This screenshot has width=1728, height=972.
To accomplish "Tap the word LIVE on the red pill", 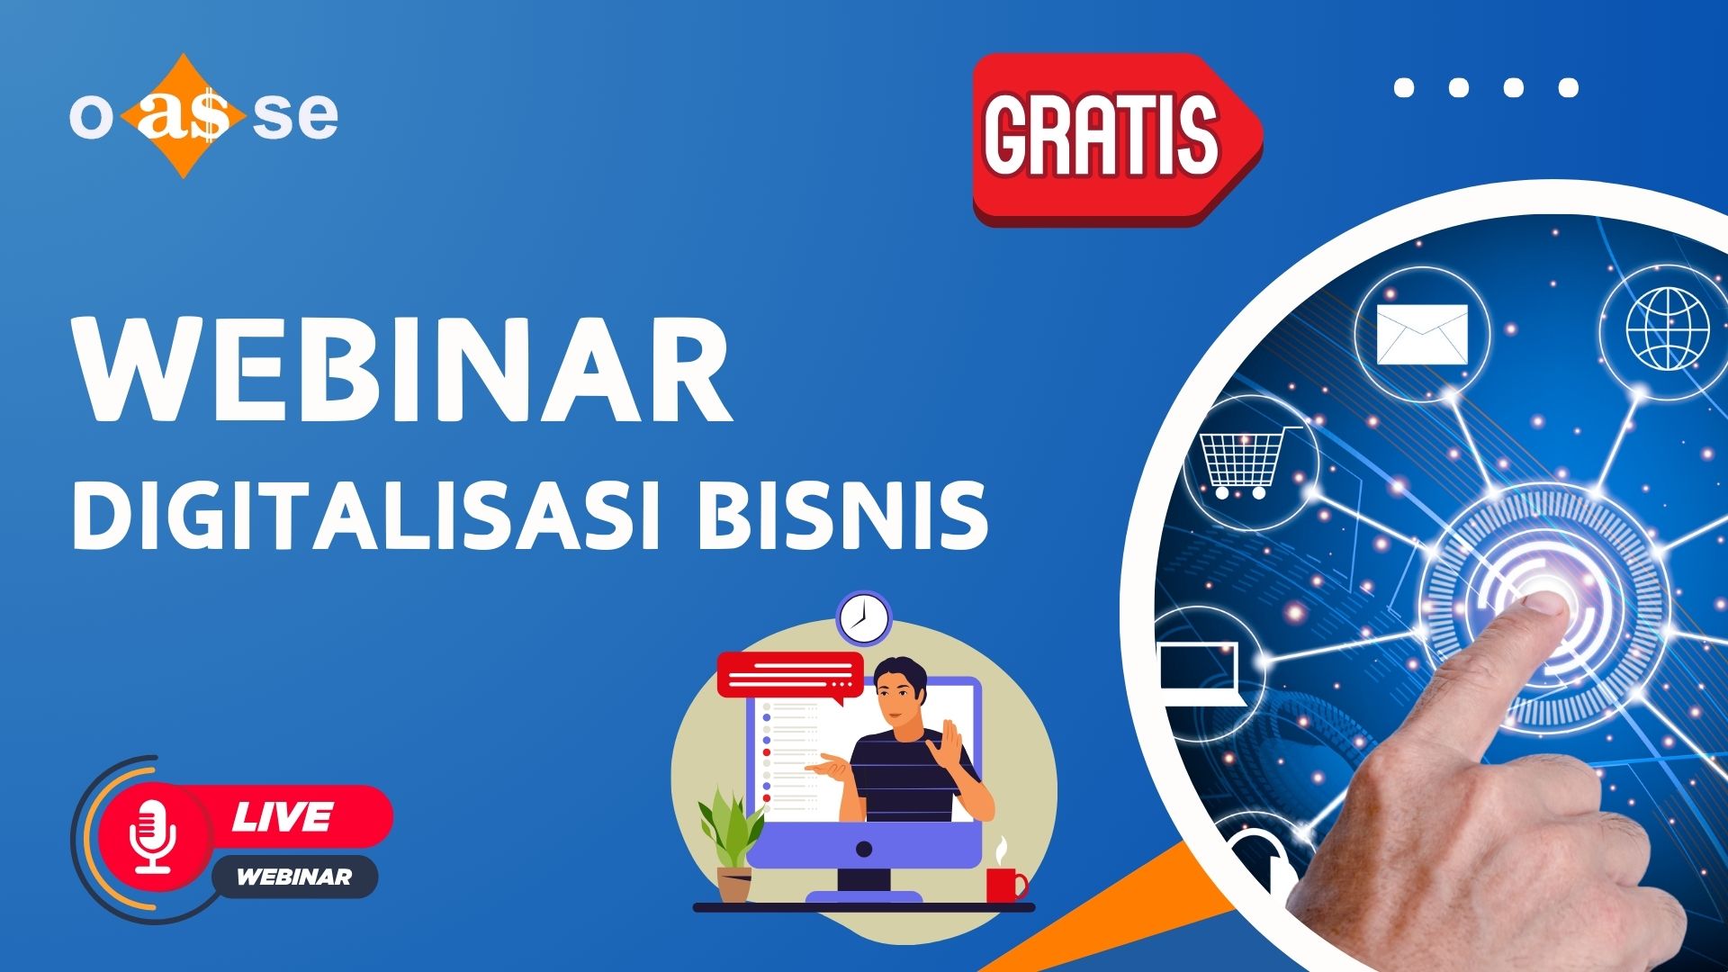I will (283, 816).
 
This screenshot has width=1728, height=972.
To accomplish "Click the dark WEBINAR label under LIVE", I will (293, 877).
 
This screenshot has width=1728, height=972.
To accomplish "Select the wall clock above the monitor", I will (863, 618).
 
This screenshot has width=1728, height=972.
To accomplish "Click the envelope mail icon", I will (1422, 334).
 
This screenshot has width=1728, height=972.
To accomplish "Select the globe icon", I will (1667, 328).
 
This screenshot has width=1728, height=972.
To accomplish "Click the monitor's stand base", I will (864, 895).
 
